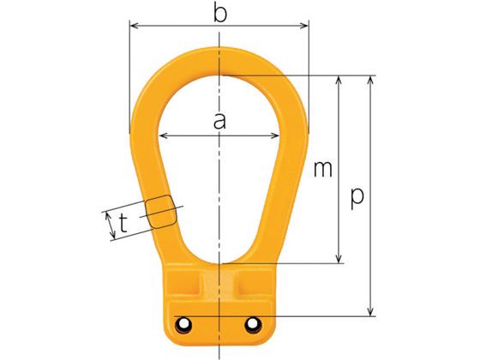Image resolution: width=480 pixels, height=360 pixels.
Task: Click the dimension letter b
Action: point(220,14)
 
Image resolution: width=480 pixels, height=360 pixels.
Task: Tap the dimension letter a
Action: point(219,121)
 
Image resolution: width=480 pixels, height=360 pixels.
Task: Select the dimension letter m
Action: point(323,169)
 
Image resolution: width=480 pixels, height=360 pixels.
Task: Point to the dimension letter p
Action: point(357,198)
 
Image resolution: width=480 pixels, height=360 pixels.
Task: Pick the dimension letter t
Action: point(123,223)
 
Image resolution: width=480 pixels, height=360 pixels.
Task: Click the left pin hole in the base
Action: point(183,323)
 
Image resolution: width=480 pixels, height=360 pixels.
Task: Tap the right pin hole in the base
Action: point(252,323)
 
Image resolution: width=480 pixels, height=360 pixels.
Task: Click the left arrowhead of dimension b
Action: point(135,26)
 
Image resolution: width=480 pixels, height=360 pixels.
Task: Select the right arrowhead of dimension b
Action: point(303,26)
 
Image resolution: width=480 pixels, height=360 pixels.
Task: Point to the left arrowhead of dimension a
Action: point(164,135)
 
